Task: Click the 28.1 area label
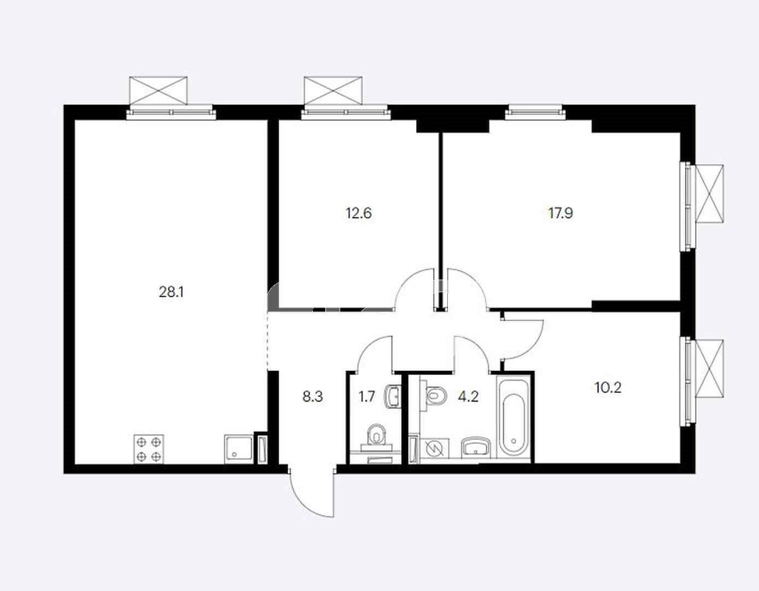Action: click(171, 292)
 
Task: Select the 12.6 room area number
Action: click(359, 213)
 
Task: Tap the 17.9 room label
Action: click(561, 213)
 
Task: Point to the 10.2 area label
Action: click(608, 387)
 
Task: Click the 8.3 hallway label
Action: click(313, 397)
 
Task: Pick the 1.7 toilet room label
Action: click(367, 397)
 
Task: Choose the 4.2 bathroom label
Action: click(468, 397)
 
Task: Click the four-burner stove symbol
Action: click(149, 449)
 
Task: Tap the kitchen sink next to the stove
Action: click(238, 449)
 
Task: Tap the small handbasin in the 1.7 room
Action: click(393, 396)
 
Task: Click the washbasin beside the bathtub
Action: click(476, 448)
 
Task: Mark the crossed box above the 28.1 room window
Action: click(158, 90)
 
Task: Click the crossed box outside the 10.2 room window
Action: click(709, 368)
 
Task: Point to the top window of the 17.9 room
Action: click(535, 112)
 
